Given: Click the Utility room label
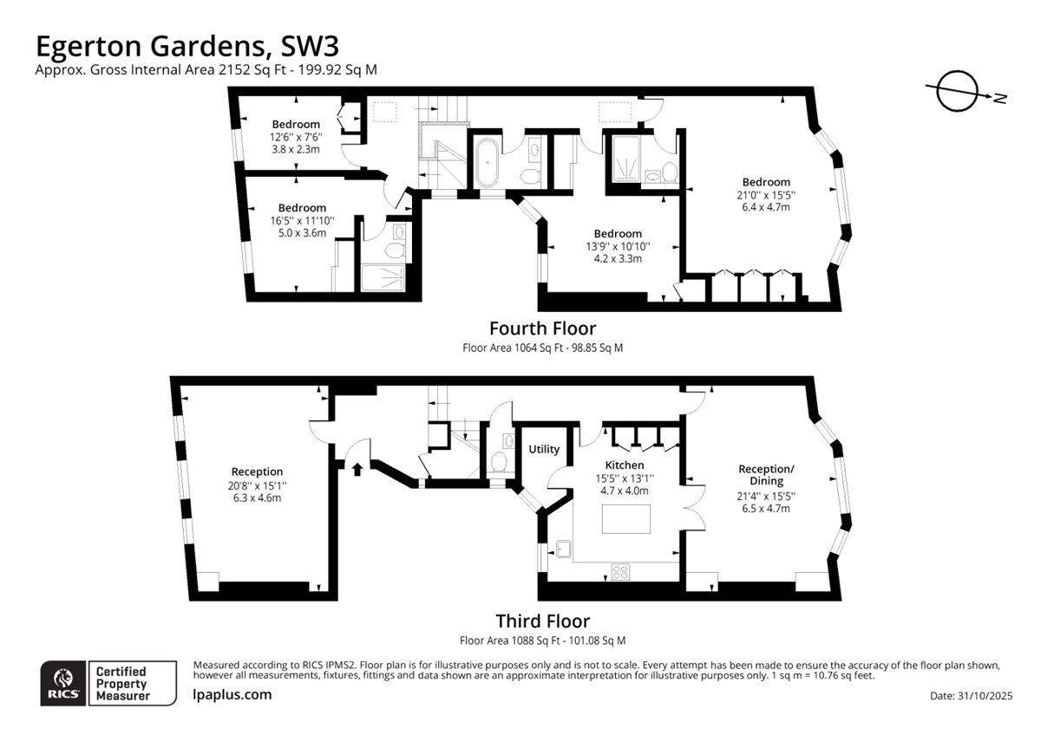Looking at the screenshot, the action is click(x=544, y=449).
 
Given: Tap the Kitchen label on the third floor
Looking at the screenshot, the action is click(x=624, y=465).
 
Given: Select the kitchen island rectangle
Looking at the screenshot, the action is click(x=626, y=519).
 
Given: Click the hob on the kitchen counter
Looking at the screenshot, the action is click(x=620, y=571).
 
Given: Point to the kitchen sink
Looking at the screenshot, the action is click(x=563, y=549).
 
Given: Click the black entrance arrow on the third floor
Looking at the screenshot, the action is click(x=357, y=469).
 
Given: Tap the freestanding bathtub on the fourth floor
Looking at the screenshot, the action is click(x=487, y=162).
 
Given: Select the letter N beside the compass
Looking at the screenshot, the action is click(x=1000, y=98).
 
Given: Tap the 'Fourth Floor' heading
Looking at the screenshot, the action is click(x=542, y=328).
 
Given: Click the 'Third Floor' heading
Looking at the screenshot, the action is click(x=542, y=621).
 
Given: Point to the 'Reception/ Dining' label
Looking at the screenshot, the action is click(x=766, y=474).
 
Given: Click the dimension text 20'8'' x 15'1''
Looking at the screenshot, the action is click(x=257, y=485).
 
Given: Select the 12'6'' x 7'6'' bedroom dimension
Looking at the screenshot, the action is click(x=296, y=137).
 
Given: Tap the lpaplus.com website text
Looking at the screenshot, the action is click(x=232, y=694).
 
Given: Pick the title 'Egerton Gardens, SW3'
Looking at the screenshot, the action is click(x=187, y=46).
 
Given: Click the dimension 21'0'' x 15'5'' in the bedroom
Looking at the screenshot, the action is click(x=766, y=195).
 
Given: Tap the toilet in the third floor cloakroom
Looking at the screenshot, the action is click(x=499, y=461).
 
